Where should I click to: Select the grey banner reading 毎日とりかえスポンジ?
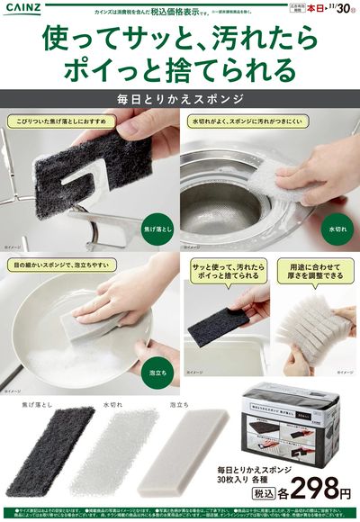tap(180, 96)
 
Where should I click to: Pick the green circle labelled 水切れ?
tap(337, 227)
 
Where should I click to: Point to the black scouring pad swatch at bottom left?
tap(56, 445)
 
